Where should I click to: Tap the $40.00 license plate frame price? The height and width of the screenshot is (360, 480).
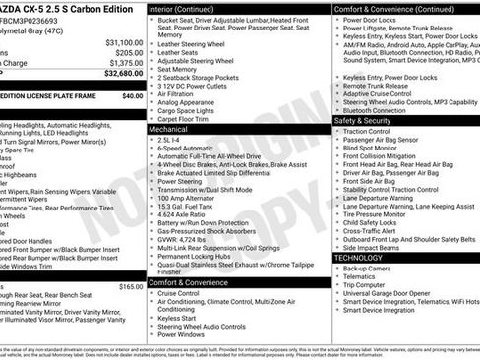[132, 95]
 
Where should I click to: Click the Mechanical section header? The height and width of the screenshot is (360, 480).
[168, 129]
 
